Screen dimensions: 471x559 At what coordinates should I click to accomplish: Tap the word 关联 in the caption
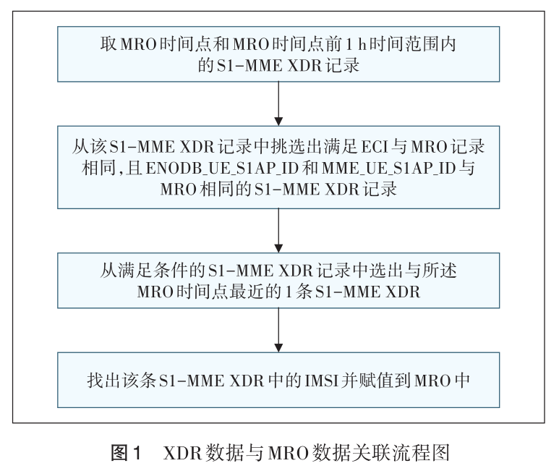click(379, 454)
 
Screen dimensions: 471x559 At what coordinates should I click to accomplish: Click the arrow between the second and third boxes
click(278, 231)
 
